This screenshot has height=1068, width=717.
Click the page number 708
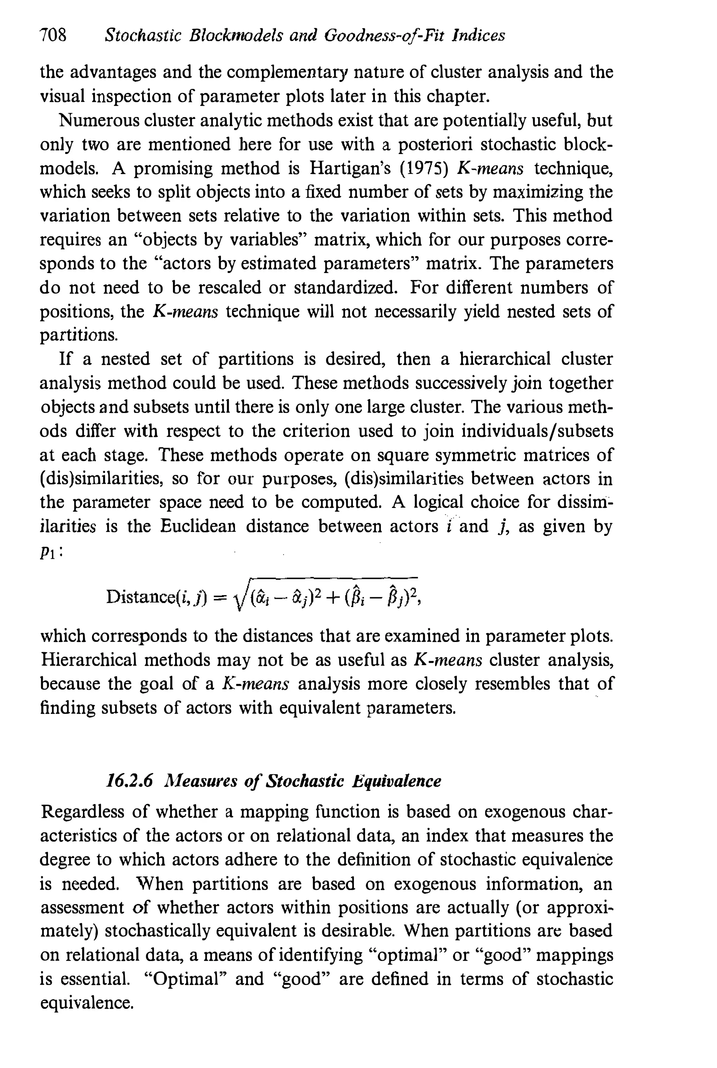tap(53, 36)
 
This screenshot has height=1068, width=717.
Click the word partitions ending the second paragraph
tap(79, 336)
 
